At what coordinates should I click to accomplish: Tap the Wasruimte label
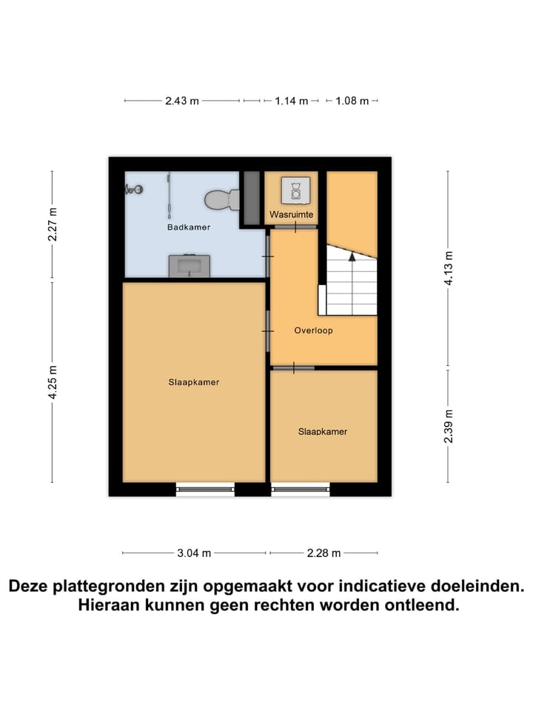(x=290, y=215)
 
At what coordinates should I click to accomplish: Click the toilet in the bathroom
(x=221, y=198)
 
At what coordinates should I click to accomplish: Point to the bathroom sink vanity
(x=189, y=265)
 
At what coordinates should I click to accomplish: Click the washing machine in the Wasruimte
(x=295, y=190)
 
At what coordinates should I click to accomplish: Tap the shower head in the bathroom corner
(x=133, y=190)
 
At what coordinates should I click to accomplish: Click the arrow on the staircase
(x=352, y=256)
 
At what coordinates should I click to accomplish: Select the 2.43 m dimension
(x=182, y=101)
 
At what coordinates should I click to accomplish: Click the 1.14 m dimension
(x=291, y=101)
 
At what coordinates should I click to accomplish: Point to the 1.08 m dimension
(x=352, y=101)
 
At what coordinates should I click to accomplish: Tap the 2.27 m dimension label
(x=52, y=224)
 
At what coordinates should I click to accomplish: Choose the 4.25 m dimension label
(x=52, y=383)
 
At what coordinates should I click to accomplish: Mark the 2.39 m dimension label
(x=447, y=427)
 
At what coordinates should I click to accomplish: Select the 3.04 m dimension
(x=194, y=553)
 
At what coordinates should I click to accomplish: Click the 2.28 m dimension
(x=324, y=553)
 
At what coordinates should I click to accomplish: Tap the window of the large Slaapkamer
(x=205, y=488)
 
